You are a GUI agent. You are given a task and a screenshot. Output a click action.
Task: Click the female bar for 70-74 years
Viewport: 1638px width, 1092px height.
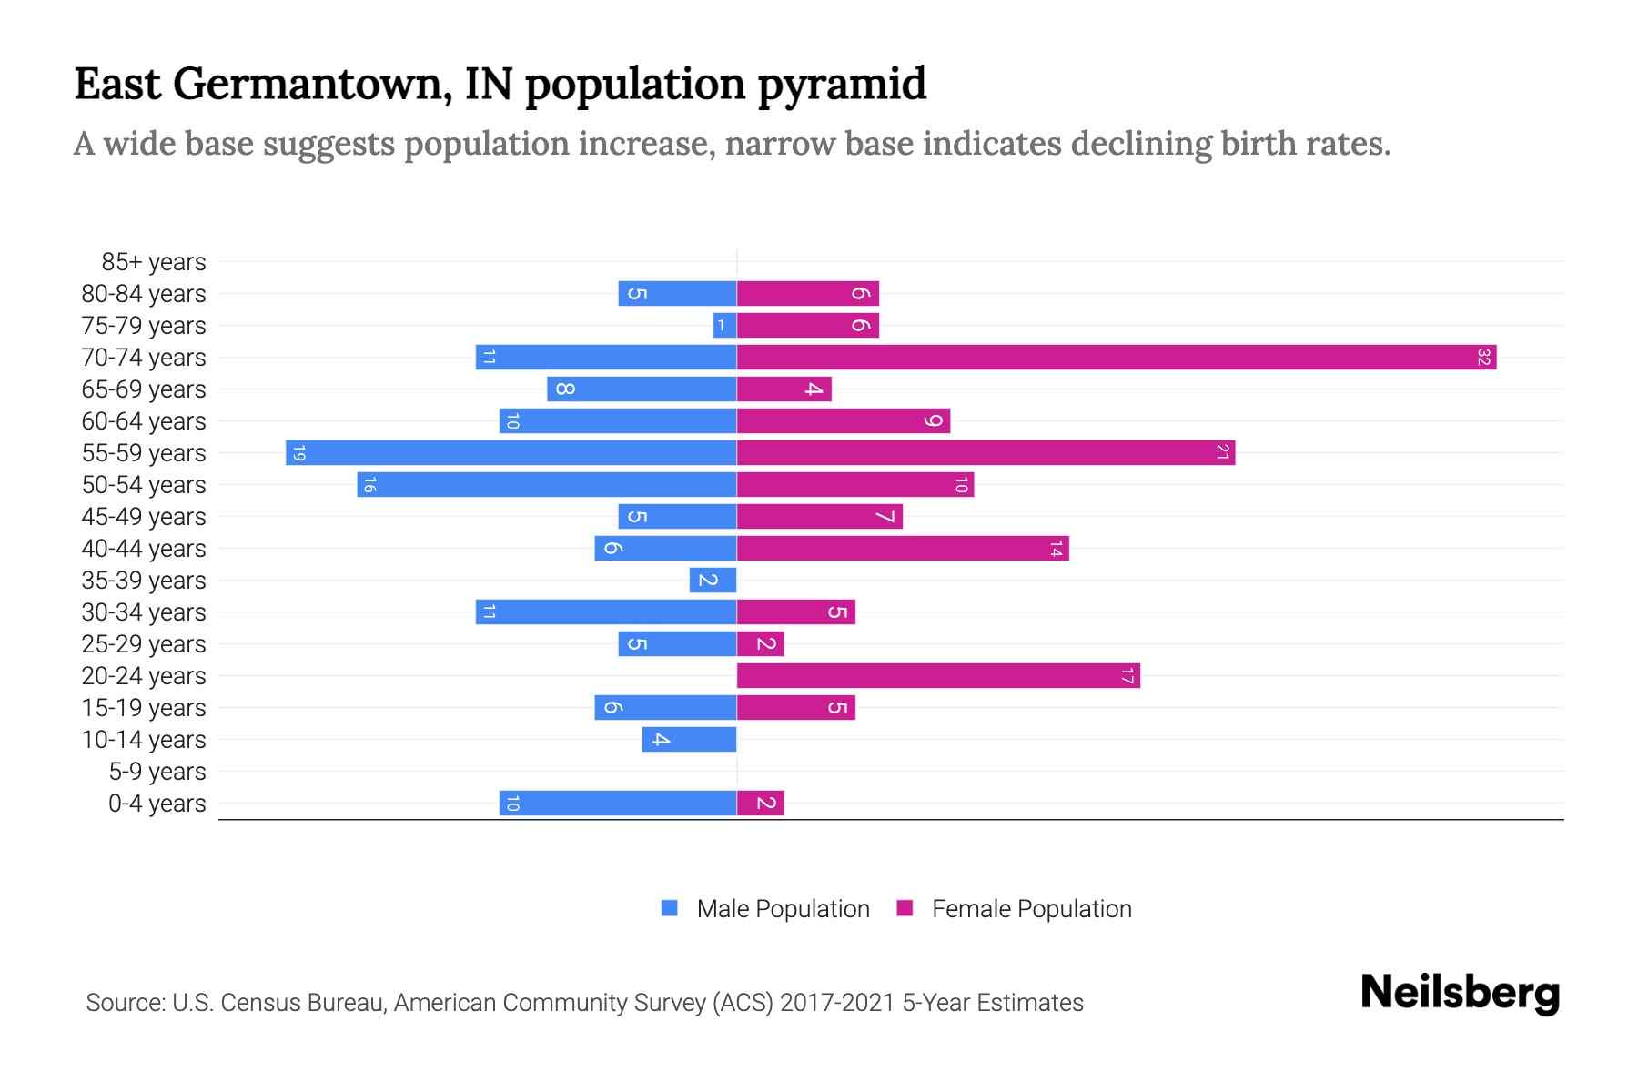pos(1116,357)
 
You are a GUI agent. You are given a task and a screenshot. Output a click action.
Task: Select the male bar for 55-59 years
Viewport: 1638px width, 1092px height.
pos(511,452)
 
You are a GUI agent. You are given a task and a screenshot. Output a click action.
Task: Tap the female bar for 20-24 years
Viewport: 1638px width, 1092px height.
pos(937,675)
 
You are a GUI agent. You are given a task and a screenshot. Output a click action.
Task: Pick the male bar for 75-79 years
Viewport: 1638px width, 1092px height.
pos(724,325)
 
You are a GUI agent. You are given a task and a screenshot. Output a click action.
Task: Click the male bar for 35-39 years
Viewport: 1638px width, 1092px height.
pos(713,580)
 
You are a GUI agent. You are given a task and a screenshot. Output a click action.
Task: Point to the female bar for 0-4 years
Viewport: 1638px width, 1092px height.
pos(760,803)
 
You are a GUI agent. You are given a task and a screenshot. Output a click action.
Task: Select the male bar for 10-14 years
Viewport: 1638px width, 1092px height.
pos(689,739)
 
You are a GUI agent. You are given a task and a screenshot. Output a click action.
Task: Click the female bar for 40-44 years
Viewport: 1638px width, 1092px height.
pos(902,548)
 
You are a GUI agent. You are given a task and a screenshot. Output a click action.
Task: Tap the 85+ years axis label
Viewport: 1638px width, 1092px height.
pos(153,262)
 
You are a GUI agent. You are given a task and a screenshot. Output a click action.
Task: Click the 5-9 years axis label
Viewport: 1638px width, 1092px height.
pos(157,772)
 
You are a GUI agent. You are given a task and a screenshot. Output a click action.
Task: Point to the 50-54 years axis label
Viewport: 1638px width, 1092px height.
pos(144,485)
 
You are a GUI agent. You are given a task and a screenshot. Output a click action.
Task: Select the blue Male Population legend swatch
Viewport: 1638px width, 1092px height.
pos(670,908)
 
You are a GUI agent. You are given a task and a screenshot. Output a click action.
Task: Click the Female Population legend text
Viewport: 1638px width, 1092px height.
pos(1031,909)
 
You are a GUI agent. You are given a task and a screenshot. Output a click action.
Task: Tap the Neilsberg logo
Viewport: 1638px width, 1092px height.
pos(1460,993)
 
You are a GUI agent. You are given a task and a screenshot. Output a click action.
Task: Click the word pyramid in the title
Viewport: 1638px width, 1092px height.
pos(842,85)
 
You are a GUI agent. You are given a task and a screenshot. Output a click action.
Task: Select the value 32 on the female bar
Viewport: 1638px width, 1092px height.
pos(1483,357)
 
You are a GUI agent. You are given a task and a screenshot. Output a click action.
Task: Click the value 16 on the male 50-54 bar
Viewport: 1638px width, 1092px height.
pos(369,485)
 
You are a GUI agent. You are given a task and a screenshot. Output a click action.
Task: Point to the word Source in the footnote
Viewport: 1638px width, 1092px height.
pos(125,1003)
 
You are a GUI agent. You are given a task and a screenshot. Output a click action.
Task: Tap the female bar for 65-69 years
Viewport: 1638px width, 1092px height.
pos(784,389)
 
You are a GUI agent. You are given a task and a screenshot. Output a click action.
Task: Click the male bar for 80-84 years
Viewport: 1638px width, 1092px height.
pos(677,293)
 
